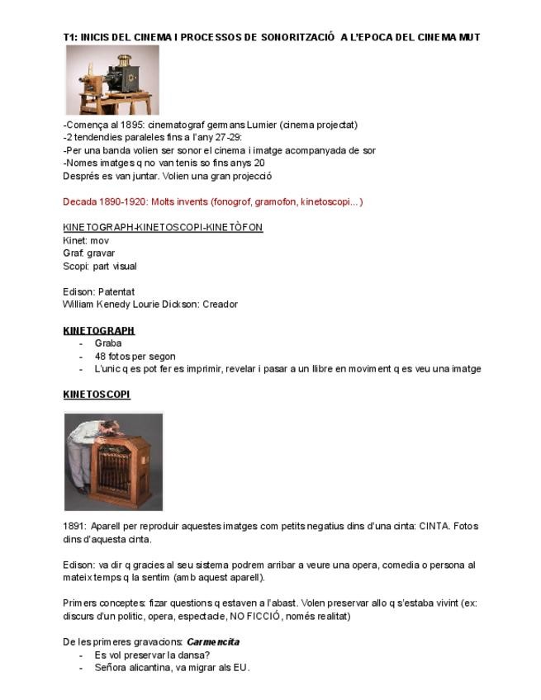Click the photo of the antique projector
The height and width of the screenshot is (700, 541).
(112, 79)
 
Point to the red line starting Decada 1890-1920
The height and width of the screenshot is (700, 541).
(212, 201)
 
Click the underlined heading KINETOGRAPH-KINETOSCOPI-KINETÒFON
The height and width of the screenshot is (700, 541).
(163, 227)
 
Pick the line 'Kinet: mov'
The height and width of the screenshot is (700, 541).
(86, 240)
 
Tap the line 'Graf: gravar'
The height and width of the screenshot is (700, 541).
(89, 253)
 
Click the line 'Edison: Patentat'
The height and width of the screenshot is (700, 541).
(98, 291)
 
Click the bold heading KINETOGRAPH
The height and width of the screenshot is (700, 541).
(98, 330)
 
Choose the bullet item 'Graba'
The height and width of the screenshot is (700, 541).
(108, 343)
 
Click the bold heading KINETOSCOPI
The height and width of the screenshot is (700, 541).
(97, 395)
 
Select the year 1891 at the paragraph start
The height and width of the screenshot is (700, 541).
(74, 526)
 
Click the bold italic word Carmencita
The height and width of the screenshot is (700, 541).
(213, 641)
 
